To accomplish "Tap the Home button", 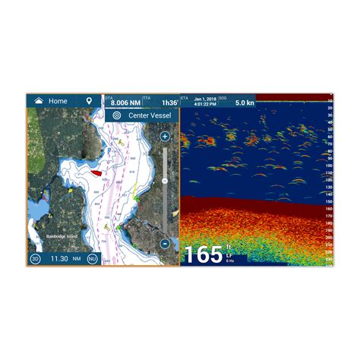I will point(52,100).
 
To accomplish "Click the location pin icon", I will point(90,100).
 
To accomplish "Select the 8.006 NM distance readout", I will point(125,103).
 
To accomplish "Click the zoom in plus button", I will point(165,137).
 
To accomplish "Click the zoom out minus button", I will point(165,244).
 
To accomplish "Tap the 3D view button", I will point(35,258).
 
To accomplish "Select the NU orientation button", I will point(92,258).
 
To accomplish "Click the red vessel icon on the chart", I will point(96,172).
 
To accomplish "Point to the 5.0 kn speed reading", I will point(245,103).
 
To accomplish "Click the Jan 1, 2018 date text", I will point(204,99).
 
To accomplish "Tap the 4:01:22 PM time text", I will point(204,105).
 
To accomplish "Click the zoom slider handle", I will point(165,182).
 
